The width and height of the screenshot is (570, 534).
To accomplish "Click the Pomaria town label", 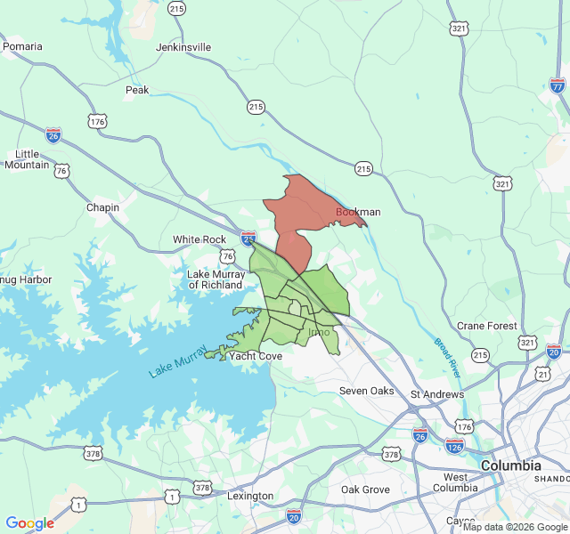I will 23,46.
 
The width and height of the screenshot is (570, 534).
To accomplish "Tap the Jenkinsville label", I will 183,46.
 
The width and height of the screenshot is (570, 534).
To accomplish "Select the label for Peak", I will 137,90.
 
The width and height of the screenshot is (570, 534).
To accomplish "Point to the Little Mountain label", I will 33,158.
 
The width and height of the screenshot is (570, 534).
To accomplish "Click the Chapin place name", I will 102,207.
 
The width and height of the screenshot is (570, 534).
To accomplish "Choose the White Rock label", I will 199,239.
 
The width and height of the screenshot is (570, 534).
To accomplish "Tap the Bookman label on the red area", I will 358,212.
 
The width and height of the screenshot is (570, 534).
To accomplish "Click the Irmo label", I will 318,332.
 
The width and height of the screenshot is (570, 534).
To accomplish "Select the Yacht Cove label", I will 256,356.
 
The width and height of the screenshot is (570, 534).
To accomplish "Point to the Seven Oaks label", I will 366,391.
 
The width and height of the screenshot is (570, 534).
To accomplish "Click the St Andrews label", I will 436,394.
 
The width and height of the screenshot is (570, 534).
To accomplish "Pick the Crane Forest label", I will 487,326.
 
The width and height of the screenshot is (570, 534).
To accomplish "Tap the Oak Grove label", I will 365,489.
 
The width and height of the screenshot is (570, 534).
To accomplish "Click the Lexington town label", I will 250,496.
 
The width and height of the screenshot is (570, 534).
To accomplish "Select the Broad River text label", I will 447,355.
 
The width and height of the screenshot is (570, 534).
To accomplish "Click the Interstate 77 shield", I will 558,85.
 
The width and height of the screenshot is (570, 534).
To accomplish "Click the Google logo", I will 30,523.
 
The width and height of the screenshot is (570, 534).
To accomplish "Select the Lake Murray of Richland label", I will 216,279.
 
